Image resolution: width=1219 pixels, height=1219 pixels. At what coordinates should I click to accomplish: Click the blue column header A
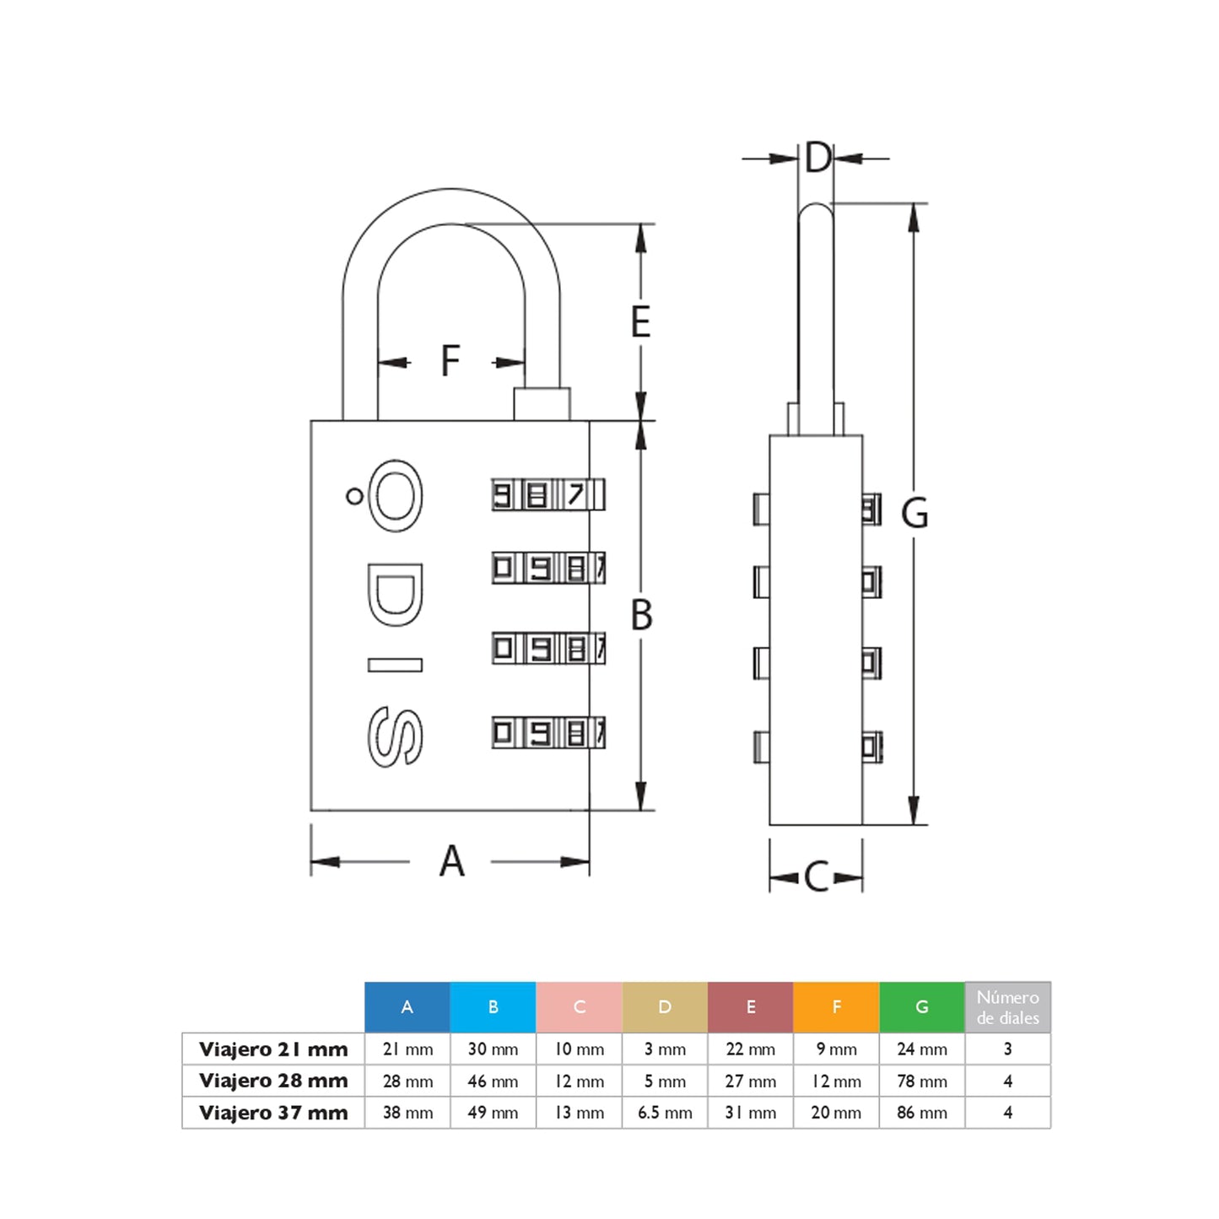pyautogui.click(x=407, y=1006)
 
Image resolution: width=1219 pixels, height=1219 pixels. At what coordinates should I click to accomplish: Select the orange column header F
pyautogui.click(x=836, y=1006)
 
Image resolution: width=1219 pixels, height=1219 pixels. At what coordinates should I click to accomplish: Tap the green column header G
pyautogui.click(x=921, y=1006)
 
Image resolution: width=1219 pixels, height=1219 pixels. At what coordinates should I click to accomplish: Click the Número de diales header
pyautogui.click(x=1007, y=1007)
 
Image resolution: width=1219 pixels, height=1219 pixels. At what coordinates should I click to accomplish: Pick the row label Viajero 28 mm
pyautogui.click(x=273, y=1081)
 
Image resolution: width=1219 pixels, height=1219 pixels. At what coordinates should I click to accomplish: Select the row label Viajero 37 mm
pyautogui.click(x=273, y=1113)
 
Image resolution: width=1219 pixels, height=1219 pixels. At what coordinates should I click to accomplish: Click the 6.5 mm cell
pyautogui.click(x=665, y=1113)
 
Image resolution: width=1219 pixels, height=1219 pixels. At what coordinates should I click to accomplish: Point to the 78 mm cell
pyautogui.click(x=921, y=1081)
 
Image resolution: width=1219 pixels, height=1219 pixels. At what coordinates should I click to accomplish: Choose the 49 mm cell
pyautogui.click(x=493, y=1113)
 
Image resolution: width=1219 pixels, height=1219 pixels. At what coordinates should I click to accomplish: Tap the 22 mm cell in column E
pyautogui.click(x=750, y=1049)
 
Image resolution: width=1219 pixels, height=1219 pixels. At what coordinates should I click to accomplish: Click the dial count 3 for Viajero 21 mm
pyautogui.click(x=1007, y=1049)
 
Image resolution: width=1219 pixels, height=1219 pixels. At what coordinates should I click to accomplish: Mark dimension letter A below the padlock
pyautogui.click(x=452, y=861)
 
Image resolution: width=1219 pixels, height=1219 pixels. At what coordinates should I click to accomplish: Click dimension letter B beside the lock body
pyautogui.click(x=641, y=615)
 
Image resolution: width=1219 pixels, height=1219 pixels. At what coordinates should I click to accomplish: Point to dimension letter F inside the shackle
pyautogui.click(x=450, y=361)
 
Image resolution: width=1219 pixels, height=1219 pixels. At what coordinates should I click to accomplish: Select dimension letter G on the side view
pyautogui.click(x=914, y=513)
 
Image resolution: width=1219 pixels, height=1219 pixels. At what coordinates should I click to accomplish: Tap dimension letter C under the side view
pyautogui.click(x=816, y=877)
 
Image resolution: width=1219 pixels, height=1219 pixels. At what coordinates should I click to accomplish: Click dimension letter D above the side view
pyautogui.click(x=817, y=158)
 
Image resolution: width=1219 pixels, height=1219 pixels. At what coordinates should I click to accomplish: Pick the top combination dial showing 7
pyautogui.click(x=548, y=494)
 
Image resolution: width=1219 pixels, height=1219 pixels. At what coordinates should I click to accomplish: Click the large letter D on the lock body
pyautogui.click(x=395, y=596)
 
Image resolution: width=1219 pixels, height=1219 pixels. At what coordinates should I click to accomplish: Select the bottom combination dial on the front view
pyautogui.click(x=548, y=732)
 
